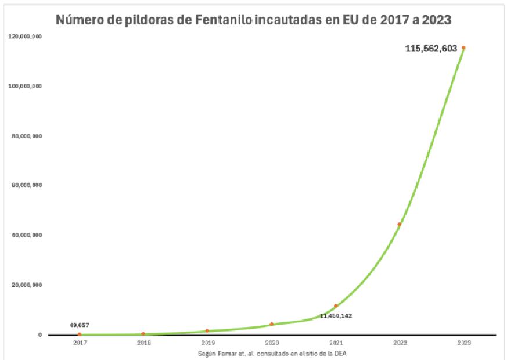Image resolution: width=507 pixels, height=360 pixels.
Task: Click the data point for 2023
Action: pyautogui.click(x=463, y=48)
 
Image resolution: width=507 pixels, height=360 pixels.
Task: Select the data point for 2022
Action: pyautogui.click(x=399, y=224)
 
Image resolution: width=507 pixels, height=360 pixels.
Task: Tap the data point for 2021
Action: pyautogui.click(x=335, y=306)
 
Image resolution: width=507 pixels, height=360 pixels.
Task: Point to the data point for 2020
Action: pyautogui.click(x=271, y=324)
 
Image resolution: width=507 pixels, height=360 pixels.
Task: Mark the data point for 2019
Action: pyautogui.click(x=207, y=330)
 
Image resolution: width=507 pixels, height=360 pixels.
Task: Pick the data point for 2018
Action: pyautogui.click(x=143, y=334)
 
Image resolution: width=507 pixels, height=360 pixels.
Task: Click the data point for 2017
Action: pyautogui.click(x=80, y=334)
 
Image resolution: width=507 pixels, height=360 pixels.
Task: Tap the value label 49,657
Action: pyautogui.click(x=79, y=325)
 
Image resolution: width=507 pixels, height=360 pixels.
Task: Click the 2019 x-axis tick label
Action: pyautogui.click(x=207, y=343)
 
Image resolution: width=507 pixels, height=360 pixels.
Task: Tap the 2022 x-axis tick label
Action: pyautogui.click(x=399, y=343)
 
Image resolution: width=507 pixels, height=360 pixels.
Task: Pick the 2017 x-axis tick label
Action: pyautogui.click(x=80, y=343)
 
